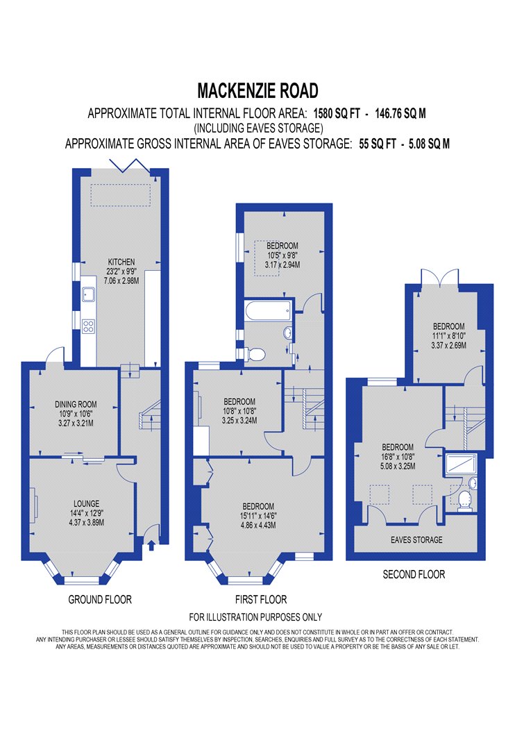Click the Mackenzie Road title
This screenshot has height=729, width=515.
[x=257, y=91]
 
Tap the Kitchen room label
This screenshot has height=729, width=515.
[x=121, y=262]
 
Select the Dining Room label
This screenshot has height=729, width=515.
[x=76, y=405]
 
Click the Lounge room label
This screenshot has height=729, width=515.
[x=87, y=503]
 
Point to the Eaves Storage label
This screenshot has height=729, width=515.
[x=416, y=539]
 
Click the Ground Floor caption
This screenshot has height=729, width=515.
[x=100, y=600]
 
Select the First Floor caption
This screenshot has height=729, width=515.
[x=261, y=600]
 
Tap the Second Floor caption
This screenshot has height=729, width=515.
[x=414, y=575]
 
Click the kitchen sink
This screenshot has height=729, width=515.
[x=88, y=294]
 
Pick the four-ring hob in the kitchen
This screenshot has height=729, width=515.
[x=88, y=326]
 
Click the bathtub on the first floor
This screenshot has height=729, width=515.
[x=268, y=310]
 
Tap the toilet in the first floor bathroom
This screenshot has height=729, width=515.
[x=254, y=355]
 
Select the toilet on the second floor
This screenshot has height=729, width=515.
[x=464, y=502]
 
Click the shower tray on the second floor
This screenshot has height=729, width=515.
[x=460, y=464]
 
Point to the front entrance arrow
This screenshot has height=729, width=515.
[x=151, y=544]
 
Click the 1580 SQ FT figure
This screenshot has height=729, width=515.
[x=337, y=113]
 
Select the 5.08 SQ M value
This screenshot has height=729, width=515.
[x=429, y=144]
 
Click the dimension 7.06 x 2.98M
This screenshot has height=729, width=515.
[x=121, y=280]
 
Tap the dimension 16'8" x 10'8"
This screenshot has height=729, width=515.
[x=398, y=457]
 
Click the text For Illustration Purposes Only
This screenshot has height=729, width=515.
[x=255, y=617]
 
